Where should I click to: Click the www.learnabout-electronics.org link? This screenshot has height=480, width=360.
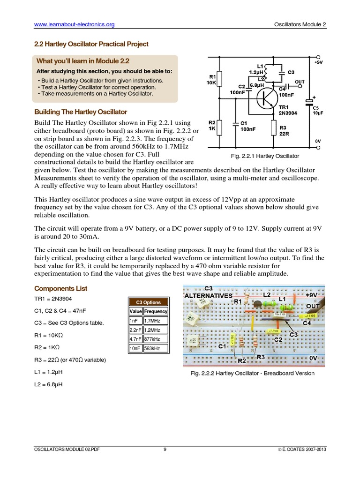(74, 24)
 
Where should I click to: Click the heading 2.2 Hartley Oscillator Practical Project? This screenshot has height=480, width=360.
(91, 44)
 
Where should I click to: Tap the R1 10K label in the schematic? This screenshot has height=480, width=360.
(212, 80)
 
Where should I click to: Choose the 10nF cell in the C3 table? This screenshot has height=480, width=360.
(135, 348)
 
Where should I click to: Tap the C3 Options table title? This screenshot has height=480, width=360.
(149, 302)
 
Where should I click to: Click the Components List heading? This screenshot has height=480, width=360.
(61, 288)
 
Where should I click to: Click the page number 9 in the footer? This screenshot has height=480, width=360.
(165, 450)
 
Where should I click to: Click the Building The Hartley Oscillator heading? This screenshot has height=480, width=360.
(81, 112)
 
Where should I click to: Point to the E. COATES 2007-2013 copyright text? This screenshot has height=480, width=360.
(302, 450)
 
